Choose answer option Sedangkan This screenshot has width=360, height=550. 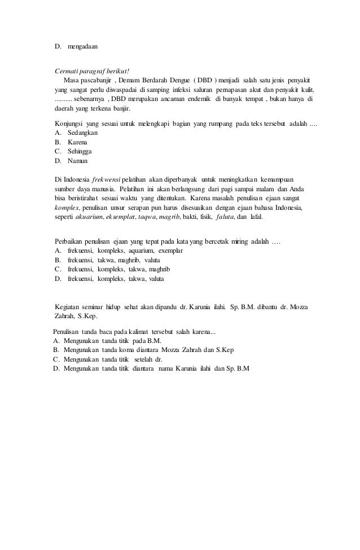click(83, 132)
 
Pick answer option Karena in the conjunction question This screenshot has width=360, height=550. click(79, 142)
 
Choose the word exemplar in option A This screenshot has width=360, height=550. click(168, 250)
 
